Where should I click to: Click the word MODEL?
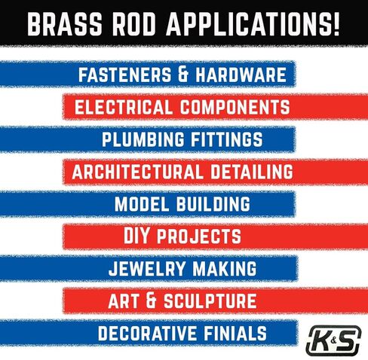pyautogui.click(x=140, y=204)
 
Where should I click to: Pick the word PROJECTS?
pyautogui.click(x=201, y=236)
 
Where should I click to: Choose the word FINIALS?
pyautogui.click(x=231, y=333)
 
